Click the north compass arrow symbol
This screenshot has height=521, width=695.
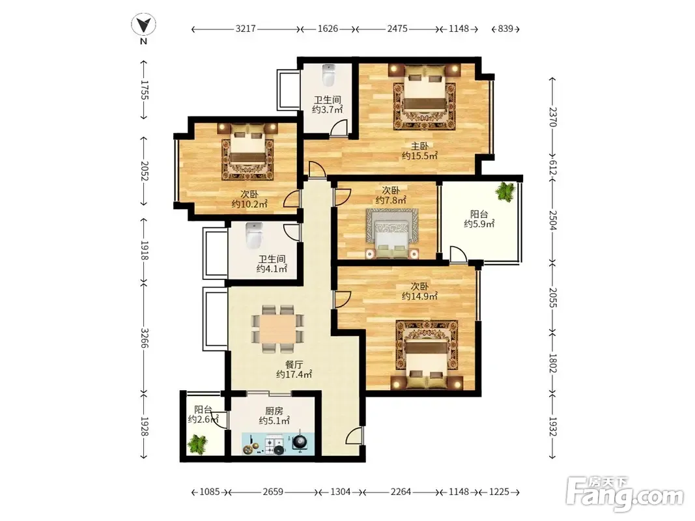pyautogui.click(x=143, y=24)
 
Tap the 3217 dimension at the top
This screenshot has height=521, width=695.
pyautogui.click(x=246, y=29)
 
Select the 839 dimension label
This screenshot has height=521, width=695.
pyautogui.click(x=505, y=29)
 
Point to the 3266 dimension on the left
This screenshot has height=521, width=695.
pyautogui.click(x=143, y=337)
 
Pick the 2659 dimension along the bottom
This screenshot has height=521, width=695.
pyautogui.click(x=273, y=492)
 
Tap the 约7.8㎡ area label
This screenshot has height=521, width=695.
pyautogui.click(x=391, y=200)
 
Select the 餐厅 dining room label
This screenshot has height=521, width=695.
pyautogui.click(x=294, y=365)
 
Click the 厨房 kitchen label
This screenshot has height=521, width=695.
pyautogui.click(x=274, y=411)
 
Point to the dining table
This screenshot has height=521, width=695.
pyautogui.click(x=278, y=328)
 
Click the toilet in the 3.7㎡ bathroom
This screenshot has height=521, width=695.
pyautogui.click(x=328, y=76)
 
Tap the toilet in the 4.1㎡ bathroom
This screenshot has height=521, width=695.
pyautogui.click(x=254, y=235)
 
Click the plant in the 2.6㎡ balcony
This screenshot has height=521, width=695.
pyautogui.click(x=197, y=444)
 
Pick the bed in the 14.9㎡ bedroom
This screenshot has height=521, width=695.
pyautogui.click(x=426, y=360)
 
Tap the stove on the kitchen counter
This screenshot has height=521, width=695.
pyautogui.click(x=274, y=444)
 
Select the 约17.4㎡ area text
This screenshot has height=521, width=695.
pyautogui.click(x=294, y=375)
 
